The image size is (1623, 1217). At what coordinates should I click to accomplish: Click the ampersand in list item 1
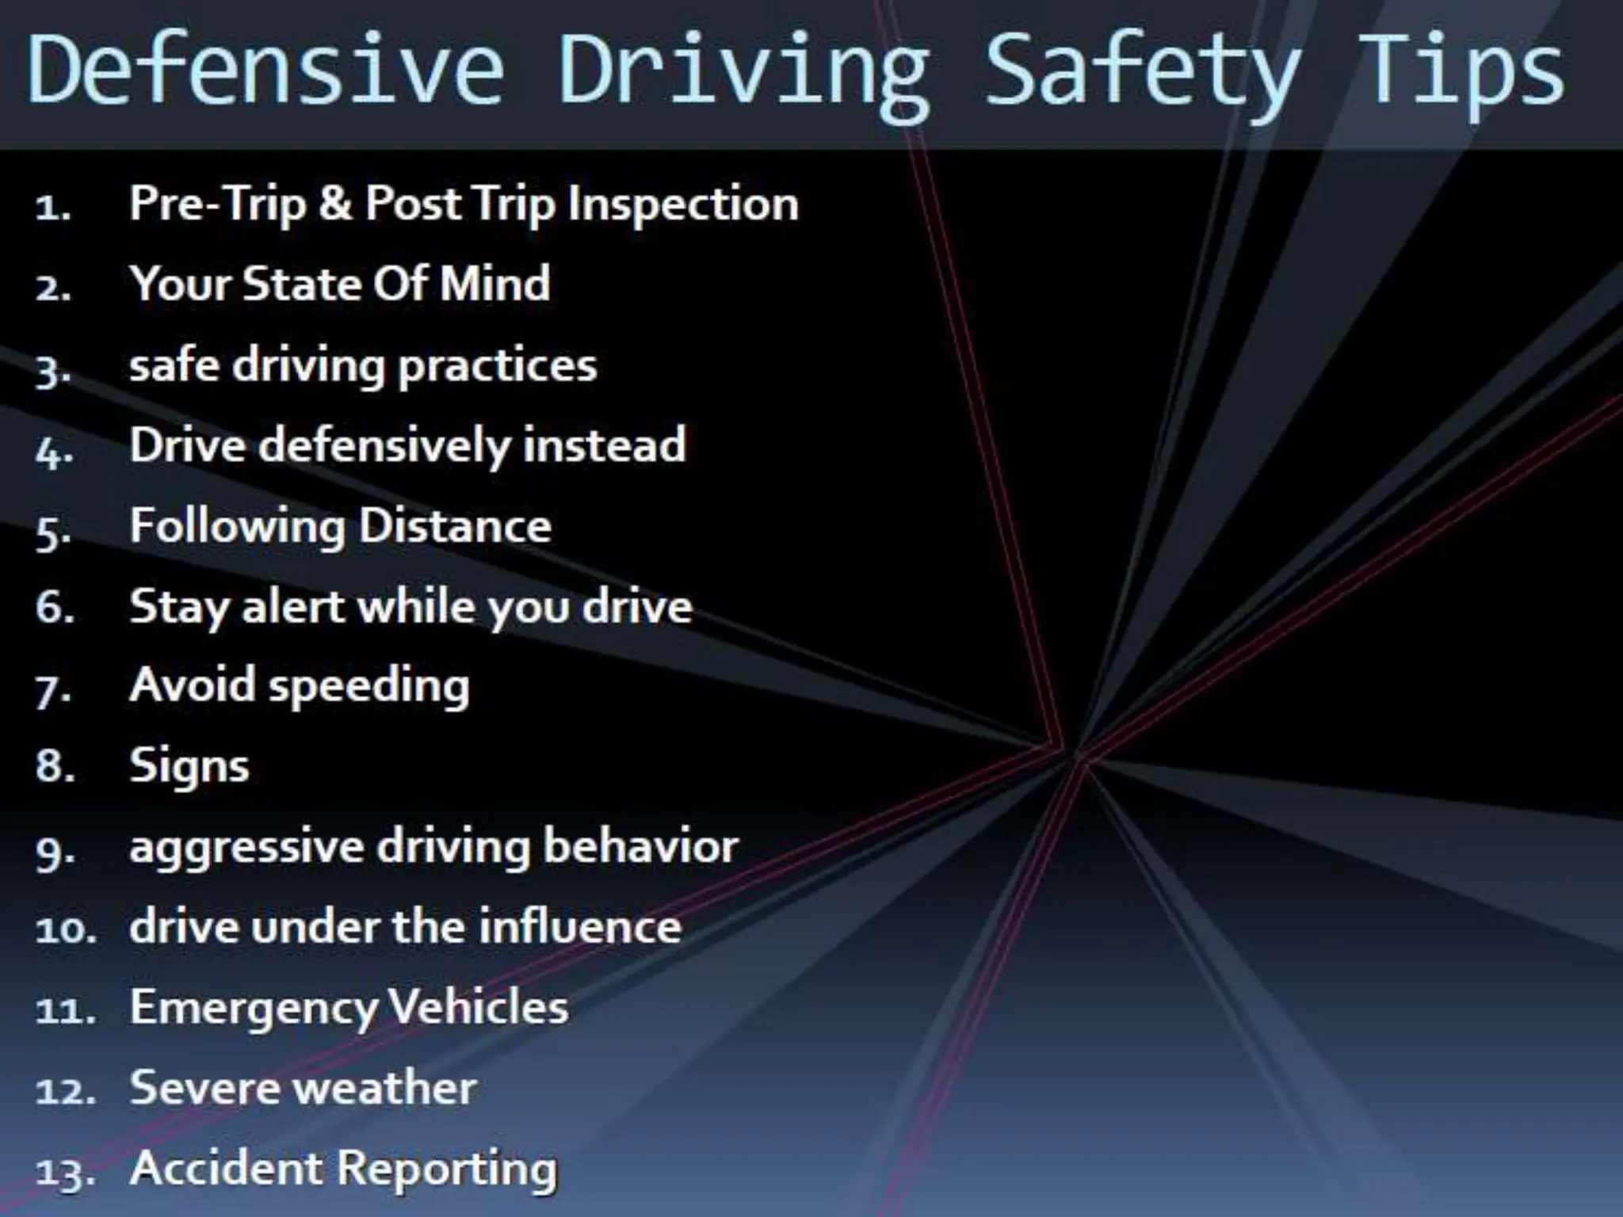pyautogui.click(x=335, y=203)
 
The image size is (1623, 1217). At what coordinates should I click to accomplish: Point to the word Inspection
pyautogui.click(x=683, y=204)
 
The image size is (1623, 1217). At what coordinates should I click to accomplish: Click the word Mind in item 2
pyautogui.click(x=495, y=284)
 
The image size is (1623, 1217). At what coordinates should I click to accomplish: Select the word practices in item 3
pyautogui.click(x=498, y=367)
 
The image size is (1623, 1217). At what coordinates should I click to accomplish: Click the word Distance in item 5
pyautogui.click(x=456, y=525)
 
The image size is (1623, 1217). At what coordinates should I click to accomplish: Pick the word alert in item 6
pyautogui.click(x=293, y=607)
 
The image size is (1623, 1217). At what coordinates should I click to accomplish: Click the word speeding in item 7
pyautogui.click(x=369, y=687)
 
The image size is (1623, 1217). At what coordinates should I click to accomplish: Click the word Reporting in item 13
pyautogui.click(x=449, y=1169)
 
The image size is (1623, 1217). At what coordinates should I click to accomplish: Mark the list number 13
pyautogui.click(x=63, y=1172)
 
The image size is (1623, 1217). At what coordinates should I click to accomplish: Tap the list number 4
pyautogui.click(x=54, y=452)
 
